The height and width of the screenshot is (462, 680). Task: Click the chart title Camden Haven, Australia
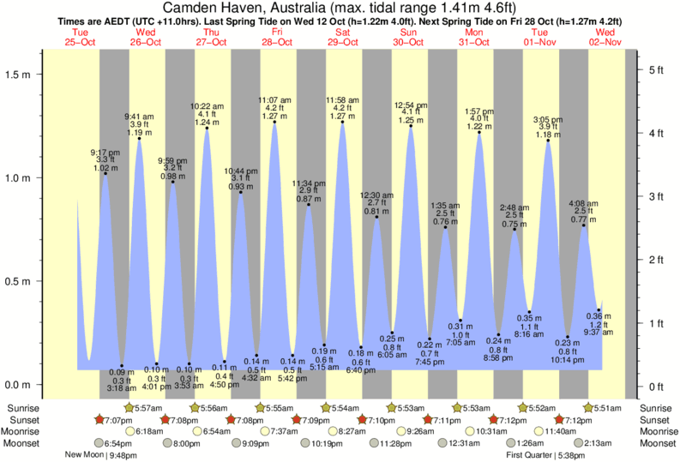340,7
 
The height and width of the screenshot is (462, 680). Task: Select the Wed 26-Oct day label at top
146,37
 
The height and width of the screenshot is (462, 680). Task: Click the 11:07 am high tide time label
274,99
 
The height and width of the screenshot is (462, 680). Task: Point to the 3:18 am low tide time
122,388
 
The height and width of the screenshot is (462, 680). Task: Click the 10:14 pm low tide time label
568,359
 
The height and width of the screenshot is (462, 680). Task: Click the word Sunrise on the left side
24,407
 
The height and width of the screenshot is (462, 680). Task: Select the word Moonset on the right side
657,443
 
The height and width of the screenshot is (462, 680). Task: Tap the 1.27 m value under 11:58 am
342,116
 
